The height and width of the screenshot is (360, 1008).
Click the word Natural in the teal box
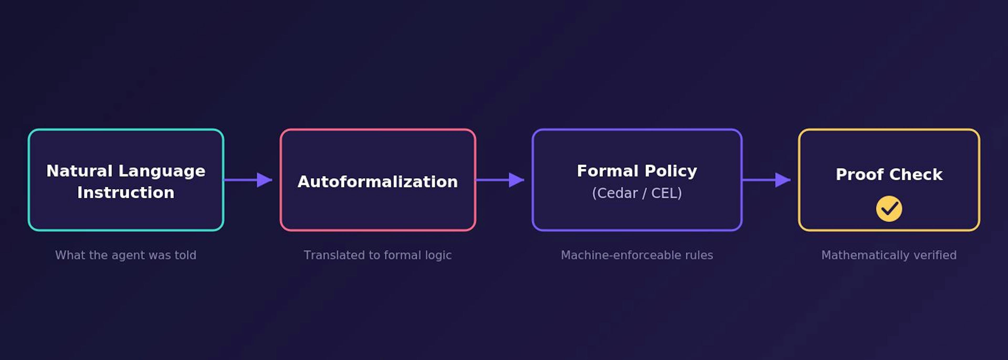[80, 171]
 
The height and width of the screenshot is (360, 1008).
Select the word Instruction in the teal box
[126, 192]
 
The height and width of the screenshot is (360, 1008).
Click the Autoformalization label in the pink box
[378, 181]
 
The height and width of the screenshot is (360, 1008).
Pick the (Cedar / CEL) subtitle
[637, 193]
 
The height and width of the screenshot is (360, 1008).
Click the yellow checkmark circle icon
[889, 208]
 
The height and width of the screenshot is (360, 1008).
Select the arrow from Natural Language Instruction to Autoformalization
[248, 180]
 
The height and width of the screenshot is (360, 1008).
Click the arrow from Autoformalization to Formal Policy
[500, 180]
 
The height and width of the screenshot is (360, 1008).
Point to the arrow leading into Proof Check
[766, 180]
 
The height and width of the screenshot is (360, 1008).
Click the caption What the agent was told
[126, 255]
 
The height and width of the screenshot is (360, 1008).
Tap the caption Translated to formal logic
[378, 255]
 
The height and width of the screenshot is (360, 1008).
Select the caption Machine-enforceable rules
[637, 255]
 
